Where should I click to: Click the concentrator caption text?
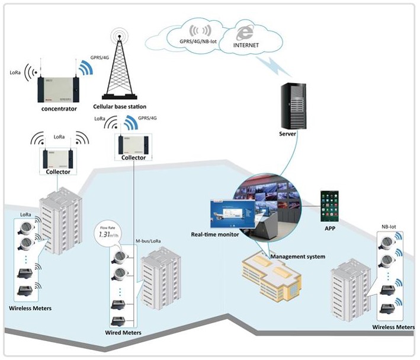[x=59, y=109]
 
